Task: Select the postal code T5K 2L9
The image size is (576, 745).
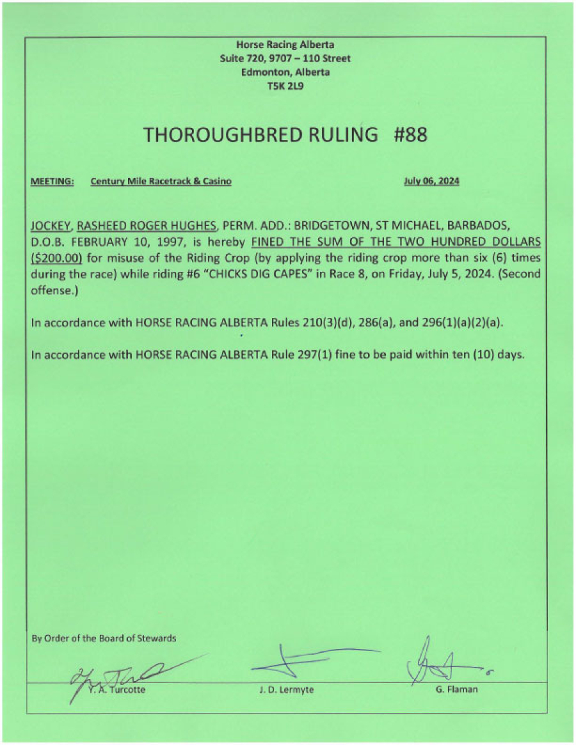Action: [285, 85]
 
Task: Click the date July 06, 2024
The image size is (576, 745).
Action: [431, 182]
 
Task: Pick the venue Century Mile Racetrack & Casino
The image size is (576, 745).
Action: [161, 182]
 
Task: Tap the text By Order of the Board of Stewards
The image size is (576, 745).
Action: [104, 638]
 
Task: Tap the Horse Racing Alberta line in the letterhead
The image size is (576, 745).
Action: [285, 45]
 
